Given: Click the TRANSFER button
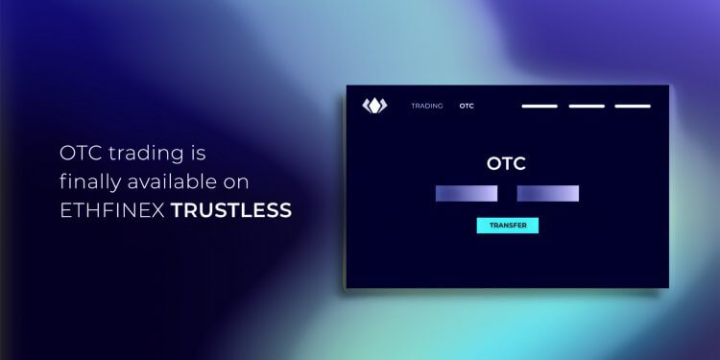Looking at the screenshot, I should (508, 226).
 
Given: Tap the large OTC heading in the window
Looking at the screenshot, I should (506, 163).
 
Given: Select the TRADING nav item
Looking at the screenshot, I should (427, 106).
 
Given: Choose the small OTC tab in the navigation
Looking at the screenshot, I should (467, 106).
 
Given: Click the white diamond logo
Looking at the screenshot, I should (373, 106).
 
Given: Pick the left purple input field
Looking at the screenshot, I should (467, 193).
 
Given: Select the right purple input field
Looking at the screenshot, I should (548, 193).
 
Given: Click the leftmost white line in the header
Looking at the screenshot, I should (540, 106).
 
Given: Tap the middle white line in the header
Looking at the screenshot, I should (587, 106).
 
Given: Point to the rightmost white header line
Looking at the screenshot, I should (633, 106).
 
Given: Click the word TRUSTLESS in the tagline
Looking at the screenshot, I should (231, 208).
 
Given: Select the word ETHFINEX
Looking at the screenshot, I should (112, 208).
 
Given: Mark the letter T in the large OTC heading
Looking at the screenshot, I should (506, 163).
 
